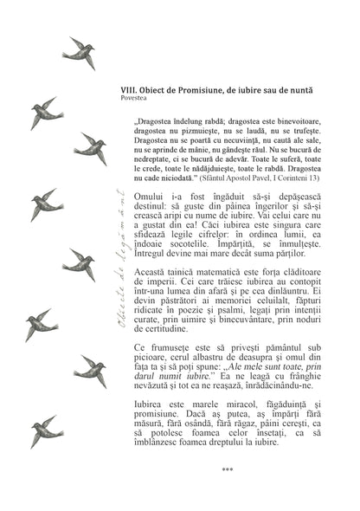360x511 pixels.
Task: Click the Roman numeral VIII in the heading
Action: coord(130,90)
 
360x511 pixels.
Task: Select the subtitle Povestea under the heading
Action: coord(136,99)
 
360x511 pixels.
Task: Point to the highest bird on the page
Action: coord(80,54)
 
